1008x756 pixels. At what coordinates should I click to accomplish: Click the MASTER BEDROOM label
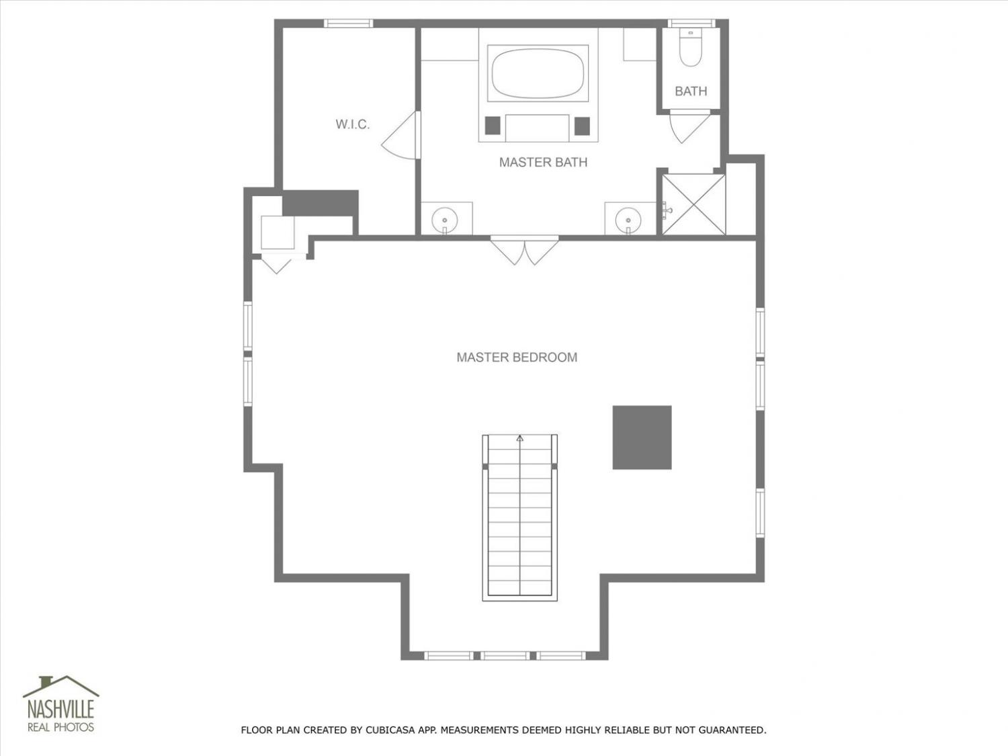[517, 357]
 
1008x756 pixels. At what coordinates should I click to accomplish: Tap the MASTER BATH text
[543, 162]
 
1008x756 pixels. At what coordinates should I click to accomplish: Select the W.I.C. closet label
[353, 124]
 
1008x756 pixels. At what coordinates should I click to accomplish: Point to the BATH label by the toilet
[691, 91]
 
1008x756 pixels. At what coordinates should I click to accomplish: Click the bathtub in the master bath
[538, 73]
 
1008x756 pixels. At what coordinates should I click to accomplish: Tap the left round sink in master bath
[445, 220]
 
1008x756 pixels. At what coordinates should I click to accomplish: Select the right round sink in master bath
[628, 219]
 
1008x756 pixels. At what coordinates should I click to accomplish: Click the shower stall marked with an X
[694, 204]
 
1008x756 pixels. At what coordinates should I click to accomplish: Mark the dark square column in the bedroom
[642, 437]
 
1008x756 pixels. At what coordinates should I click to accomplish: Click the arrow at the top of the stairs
[520, 438]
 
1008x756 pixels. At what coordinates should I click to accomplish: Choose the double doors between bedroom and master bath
[524, 250]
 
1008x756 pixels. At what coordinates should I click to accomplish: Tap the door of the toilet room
[690, 126]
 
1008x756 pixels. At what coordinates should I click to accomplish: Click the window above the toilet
[691, 24]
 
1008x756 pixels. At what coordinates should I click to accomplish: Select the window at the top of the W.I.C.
[348, 24]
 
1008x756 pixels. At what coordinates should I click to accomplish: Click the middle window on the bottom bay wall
[504, 655]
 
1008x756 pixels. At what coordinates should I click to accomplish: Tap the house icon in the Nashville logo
[61, 685]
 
